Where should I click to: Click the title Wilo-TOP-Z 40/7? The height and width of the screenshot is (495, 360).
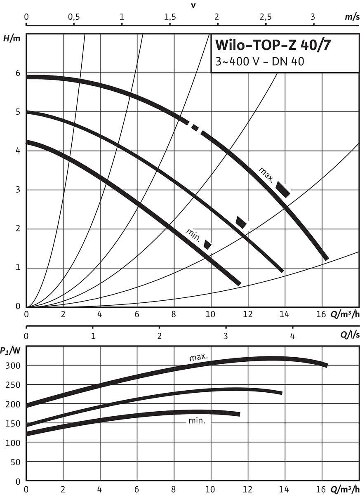coord(273,45)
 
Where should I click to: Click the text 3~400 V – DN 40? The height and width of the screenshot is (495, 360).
coord(260,62)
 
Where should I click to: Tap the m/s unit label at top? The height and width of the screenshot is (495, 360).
coord(351,18)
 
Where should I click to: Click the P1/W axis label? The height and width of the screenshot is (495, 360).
coord(9,351)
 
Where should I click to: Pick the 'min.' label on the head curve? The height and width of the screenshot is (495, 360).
coord(193,234)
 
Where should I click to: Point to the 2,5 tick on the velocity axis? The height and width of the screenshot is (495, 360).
coord(265,17)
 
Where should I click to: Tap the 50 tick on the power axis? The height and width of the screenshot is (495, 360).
coord(16,462)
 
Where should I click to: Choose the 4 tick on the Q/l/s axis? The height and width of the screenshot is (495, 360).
coord(292,336)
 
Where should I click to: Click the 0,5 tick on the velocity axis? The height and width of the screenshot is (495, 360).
coord(74,17)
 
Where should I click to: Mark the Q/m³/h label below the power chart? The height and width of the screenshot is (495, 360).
coord(344,490)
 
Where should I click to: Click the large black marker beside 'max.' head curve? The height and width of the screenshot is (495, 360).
coord(283,189)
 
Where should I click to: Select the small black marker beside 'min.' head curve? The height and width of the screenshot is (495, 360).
coord(208,245)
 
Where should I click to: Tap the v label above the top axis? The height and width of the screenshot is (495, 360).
coord(193,5)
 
